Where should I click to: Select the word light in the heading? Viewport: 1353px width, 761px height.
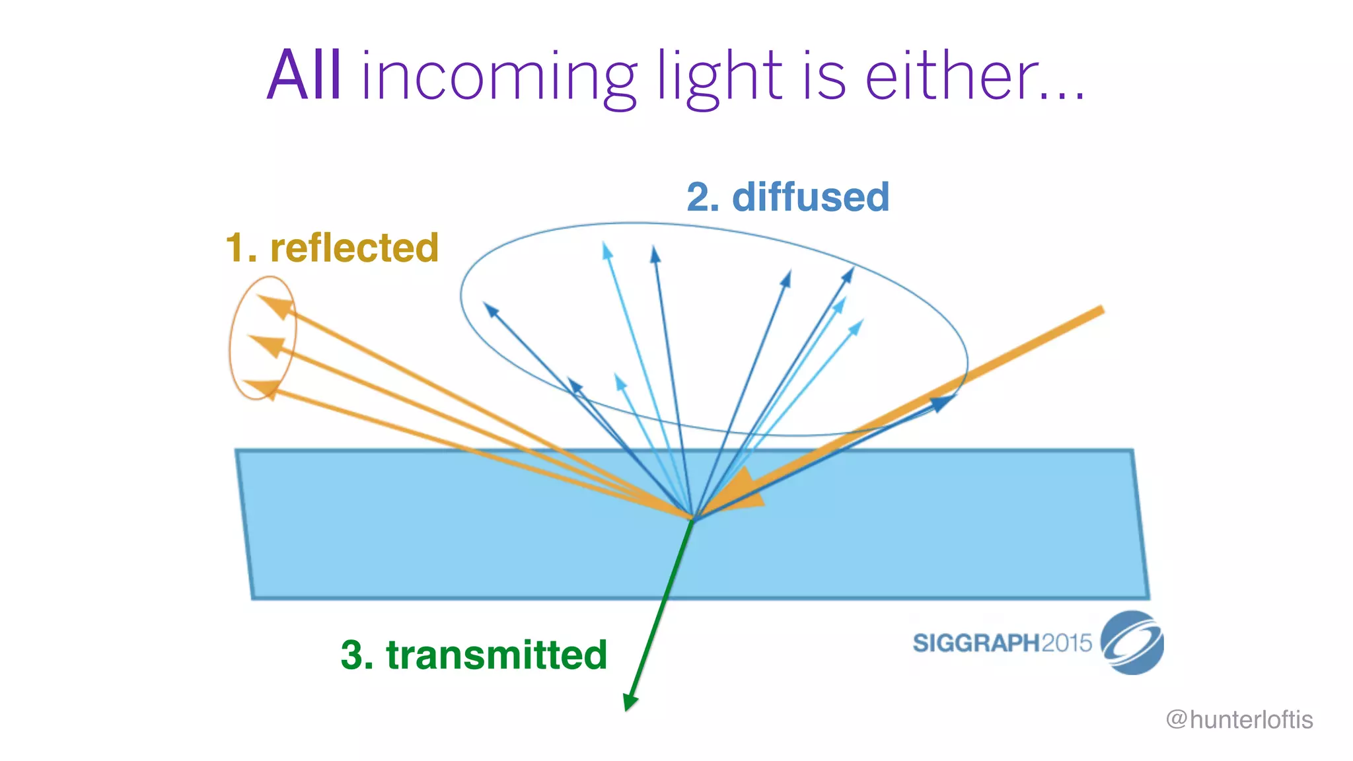(x=719, y=78)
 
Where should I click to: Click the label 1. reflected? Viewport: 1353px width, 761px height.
(x=332, y=248)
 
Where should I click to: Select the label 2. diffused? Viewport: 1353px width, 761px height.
(x=787, y=197)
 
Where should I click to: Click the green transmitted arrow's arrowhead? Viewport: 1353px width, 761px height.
(x=630, y=702)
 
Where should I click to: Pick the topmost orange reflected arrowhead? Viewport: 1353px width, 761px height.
(x=277, y=306)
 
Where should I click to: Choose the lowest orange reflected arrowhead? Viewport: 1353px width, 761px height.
(x=263, y=388)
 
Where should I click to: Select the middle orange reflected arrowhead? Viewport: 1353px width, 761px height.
(x=268, y=345)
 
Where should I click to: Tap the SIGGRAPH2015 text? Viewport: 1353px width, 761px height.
(x=1002, y=643)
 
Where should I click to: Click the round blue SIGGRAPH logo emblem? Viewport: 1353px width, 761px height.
(x=1132, y=643)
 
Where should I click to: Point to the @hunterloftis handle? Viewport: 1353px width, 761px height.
(x=1239, y=719)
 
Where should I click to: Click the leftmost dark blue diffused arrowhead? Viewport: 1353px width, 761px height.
(x=491, y=309)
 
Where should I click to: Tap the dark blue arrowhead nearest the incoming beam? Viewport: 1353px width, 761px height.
(x=943, y=401)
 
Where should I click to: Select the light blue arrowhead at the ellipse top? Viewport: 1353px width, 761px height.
(x=606, y=250)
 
